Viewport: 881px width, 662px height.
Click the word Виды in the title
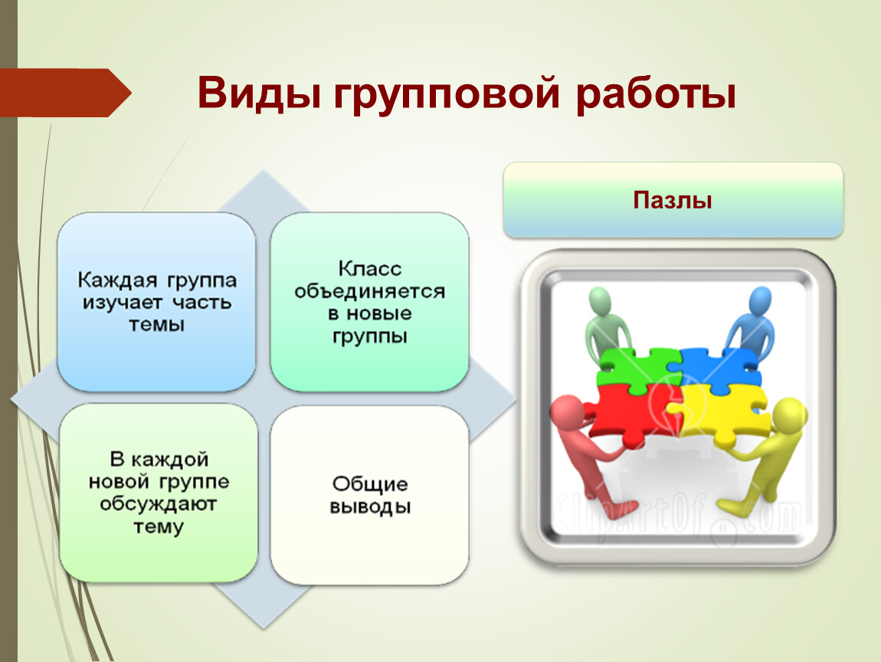click(x=259, y=93)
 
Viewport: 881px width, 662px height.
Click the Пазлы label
click(x=673, y=200)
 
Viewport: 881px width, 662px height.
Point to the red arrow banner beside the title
click(x=64, y=93)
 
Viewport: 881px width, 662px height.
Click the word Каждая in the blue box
click(x=117, y=280)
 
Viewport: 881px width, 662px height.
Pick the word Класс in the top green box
click(x=370, y=269)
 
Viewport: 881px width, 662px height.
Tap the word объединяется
click(x=370, y=292)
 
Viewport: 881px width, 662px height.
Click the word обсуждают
click(x=159, y=505)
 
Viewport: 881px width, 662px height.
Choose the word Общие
click(x=370, y=483)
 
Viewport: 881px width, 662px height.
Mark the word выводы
click(x=370, y=507)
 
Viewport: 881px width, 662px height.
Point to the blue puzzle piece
click(x=719, y=366)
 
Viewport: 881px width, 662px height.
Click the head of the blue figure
click(x=759, y=302)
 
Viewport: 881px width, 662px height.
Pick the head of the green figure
click(x=600, y=302)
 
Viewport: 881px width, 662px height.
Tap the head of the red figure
click(x=567, y=411)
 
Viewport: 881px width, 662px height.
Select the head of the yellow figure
click(x=791, y=415)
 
